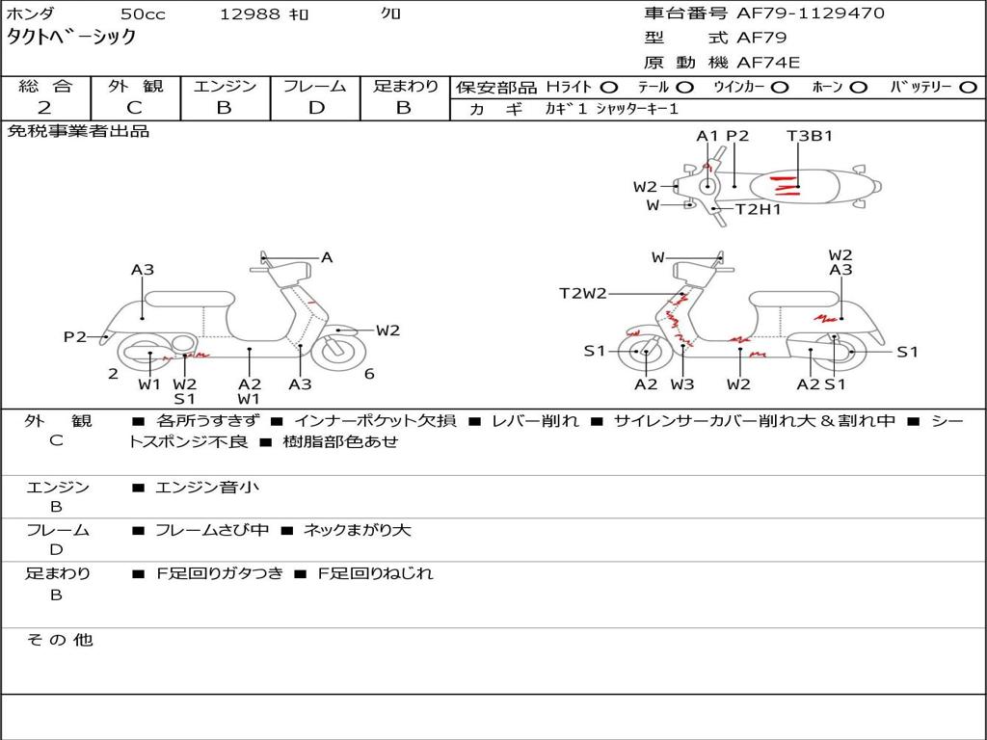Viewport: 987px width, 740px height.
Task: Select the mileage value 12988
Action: click(250, 14)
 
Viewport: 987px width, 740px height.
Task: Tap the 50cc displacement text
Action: click(142, 14)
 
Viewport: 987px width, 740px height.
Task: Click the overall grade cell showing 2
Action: click(44, 108)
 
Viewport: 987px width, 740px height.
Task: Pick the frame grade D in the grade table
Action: click(316, 108)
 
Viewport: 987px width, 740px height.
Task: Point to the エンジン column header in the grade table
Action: click(225, 87)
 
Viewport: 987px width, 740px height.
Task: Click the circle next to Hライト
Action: click(609, 88)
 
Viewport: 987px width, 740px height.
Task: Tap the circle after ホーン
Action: click(859, 88)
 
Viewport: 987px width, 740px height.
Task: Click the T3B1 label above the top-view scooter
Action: click(809, 136)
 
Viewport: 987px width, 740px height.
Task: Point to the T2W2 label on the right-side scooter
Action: click(583, 293)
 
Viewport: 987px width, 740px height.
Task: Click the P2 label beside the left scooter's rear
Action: click(75, 336)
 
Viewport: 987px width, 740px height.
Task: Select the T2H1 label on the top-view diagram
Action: click(759, 209)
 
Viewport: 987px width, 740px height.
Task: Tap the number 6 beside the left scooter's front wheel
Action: click(369, 374)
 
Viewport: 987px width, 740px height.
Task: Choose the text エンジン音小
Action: click(207, 488)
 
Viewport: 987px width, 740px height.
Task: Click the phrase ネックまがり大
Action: click(357, 530)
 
